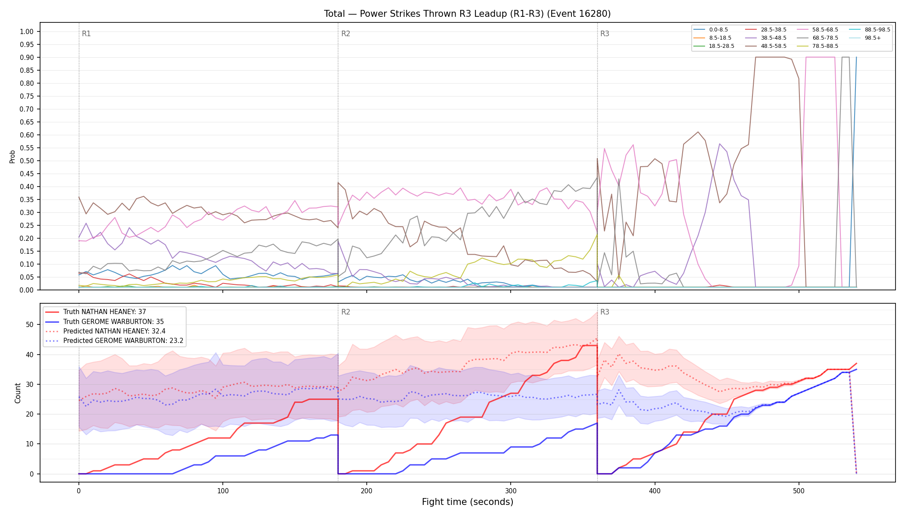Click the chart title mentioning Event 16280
(467, 14)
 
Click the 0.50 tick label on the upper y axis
(27, 161)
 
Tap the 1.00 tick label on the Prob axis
(27, 31)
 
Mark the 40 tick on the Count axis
(30, 355)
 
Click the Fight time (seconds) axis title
(468, 502)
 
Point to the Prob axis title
(12, 156)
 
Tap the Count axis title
(18, 393)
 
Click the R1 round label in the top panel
(86, 34)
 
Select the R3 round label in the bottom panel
(605, 312)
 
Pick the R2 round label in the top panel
(346, 34)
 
